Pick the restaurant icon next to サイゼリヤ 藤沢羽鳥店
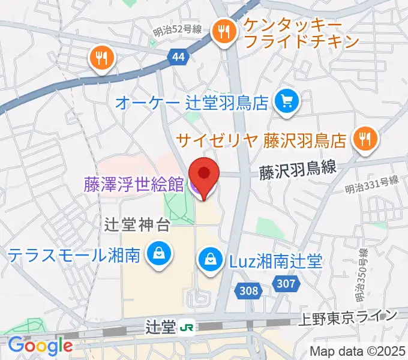click(x=364, y=140)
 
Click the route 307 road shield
click(x=286, y=283)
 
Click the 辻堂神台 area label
click(x=138, y=226)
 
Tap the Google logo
click(x=40, y=346)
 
